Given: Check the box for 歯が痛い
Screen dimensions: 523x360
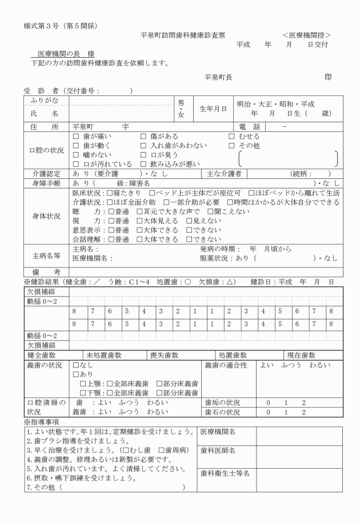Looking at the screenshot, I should pyautogui.click(x=75, y=137).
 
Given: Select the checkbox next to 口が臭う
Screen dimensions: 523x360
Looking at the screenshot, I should pyautogui.click(x=143, y=155).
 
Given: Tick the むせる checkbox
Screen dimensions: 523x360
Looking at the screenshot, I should pyautogui.click(x=231, y=137).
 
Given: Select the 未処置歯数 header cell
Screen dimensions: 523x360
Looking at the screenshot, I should pyautogui.click(x=103, y=355).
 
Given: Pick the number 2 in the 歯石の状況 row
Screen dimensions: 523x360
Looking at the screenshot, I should pyautogui.click(x=304, y=412).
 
